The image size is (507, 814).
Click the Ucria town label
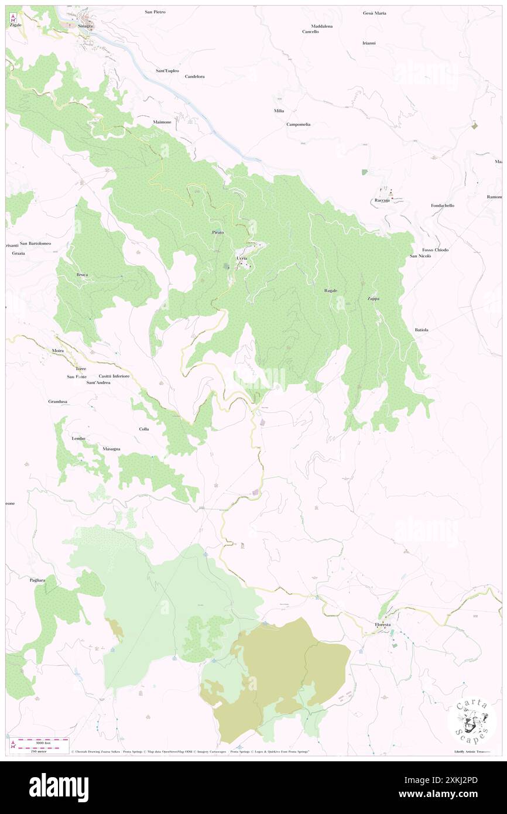point(242,258)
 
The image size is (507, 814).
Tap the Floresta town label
point(383,625)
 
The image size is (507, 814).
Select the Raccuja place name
point(382,201)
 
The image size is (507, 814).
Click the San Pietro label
point(155,12)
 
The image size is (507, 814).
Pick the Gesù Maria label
point(375,13)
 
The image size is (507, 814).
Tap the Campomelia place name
point(299,124)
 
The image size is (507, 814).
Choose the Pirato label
point(218,232)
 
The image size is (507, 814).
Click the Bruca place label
point(82,275)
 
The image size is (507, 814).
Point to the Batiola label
point(422,330)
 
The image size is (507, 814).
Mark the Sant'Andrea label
point(98,382)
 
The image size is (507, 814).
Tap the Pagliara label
point(37,580)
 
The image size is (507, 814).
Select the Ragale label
point(331,290)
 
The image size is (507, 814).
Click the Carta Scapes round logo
point(472,720)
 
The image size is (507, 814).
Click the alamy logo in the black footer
point(59,787)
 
